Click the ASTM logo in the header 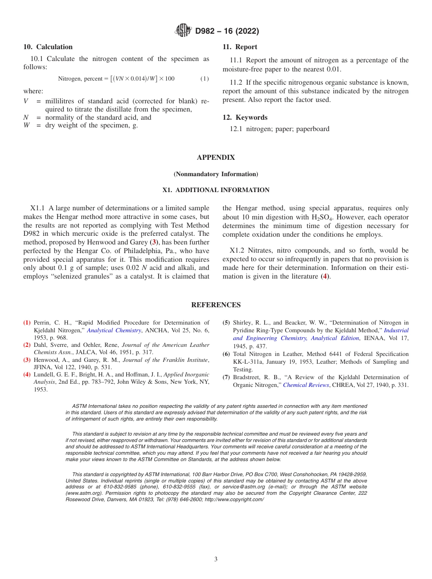(183, 31)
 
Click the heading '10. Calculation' (48, 47)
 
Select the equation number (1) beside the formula (205, 79)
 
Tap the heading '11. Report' (240, 47)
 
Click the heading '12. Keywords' (245, 117)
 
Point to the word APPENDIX (216, 157)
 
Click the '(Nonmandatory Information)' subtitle (216, 174)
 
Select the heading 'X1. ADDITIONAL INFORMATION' (216, 190)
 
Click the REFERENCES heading (216, 305)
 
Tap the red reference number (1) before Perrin (27, 323)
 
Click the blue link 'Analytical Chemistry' (114, 330)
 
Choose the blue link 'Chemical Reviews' (306, 385)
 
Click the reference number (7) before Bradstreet (226, 377)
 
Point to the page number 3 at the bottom (216, 559)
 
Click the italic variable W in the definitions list (26, 126)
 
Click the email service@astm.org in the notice (249, 487)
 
